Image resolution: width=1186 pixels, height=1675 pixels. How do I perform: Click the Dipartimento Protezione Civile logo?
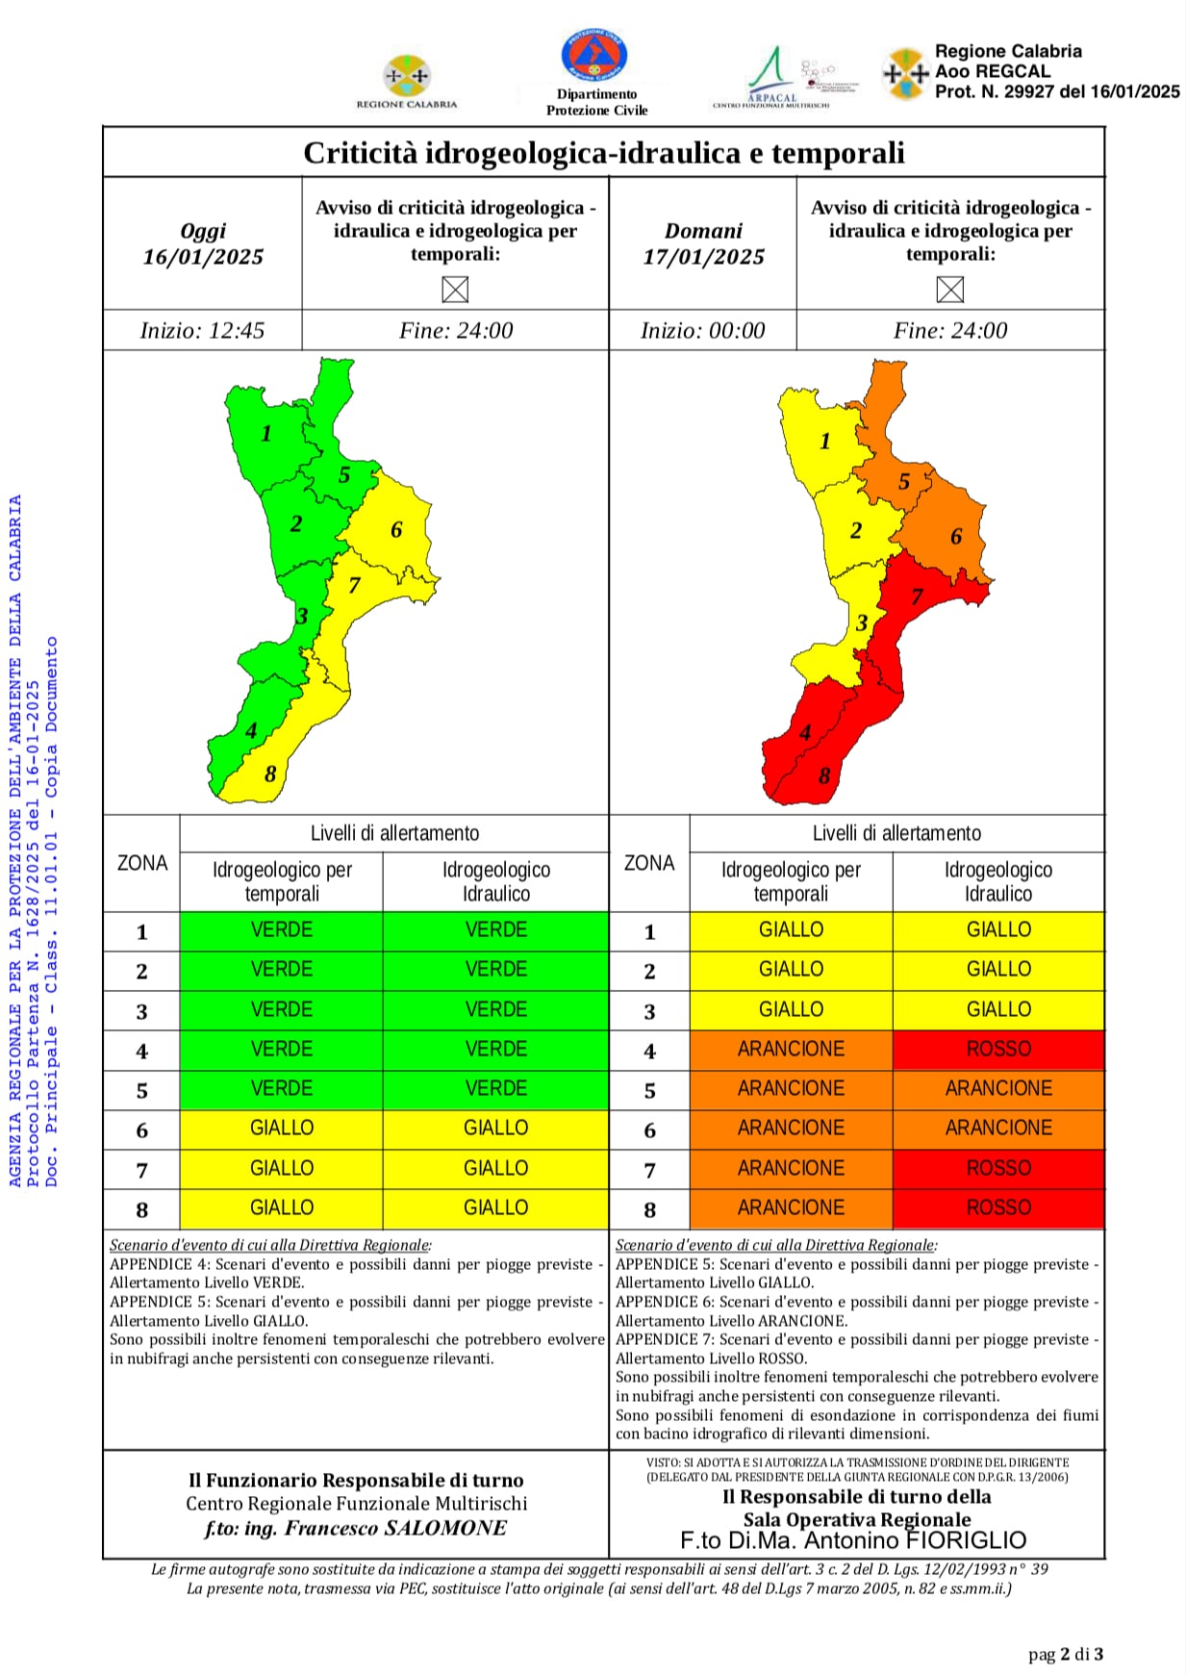click(594, 56)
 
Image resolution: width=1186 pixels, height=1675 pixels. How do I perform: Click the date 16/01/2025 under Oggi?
click(203, 257)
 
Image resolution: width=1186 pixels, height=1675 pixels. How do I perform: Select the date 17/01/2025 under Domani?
click(703, 257)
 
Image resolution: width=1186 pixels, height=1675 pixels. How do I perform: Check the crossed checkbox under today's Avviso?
click(455, 290)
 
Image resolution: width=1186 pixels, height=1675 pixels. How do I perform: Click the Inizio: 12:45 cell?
click(202, 331)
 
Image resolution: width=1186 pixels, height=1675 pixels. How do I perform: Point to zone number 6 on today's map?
click(396, 530)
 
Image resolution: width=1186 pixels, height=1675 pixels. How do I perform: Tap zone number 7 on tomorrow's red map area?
click(917, 596)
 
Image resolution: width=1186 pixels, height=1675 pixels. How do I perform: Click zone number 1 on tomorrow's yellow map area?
click(824, 442)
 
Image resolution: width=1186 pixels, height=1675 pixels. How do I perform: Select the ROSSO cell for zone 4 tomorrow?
click(998, 1050)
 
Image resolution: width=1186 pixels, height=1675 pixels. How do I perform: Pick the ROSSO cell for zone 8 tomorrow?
click(998, 1208)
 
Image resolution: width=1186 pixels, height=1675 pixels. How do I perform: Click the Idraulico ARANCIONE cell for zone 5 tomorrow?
click(998, 1089)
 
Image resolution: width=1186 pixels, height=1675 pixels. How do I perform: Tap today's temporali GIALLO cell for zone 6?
click(281, 1129)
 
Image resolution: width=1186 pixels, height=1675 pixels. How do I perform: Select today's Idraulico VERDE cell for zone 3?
click(495, 1010)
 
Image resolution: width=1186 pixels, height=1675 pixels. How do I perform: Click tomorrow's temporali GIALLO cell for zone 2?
click(791, 970)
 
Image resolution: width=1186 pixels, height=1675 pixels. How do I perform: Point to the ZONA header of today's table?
click(141, 864)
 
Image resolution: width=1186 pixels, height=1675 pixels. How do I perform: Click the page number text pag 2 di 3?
click(1065, 1655)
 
